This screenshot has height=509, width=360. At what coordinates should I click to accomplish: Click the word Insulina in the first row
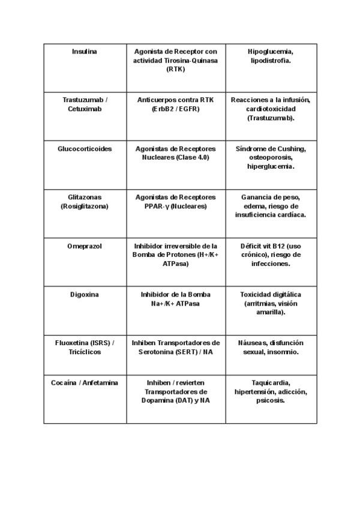click(84, 52)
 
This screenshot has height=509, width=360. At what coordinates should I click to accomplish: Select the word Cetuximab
click(85, 109)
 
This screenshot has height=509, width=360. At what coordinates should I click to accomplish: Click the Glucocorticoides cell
click(85, 149)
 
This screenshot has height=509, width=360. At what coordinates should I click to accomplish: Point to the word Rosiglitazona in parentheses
click(85, 206)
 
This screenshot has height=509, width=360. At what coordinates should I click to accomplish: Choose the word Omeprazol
click(85, 246)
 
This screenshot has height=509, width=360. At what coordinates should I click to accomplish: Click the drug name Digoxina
click(85, 295)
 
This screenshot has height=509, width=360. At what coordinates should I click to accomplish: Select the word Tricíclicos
click(85, 352)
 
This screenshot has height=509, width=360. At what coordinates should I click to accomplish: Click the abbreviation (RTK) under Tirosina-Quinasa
click(176, 70)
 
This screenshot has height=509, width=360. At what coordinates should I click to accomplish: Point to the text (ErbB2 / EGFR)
click(176, 109)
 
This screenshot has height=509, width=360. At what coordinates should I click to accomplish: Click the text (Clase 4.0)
click(190, 158)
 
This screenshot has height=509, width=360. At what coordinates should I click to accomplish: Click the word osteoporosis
click(271, 158)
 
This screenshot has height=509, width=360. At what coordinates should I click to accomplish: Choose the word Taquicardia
click(271, 383)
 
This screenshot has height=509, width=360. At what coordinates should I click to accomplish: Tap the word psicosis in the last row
click(271, 401)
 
